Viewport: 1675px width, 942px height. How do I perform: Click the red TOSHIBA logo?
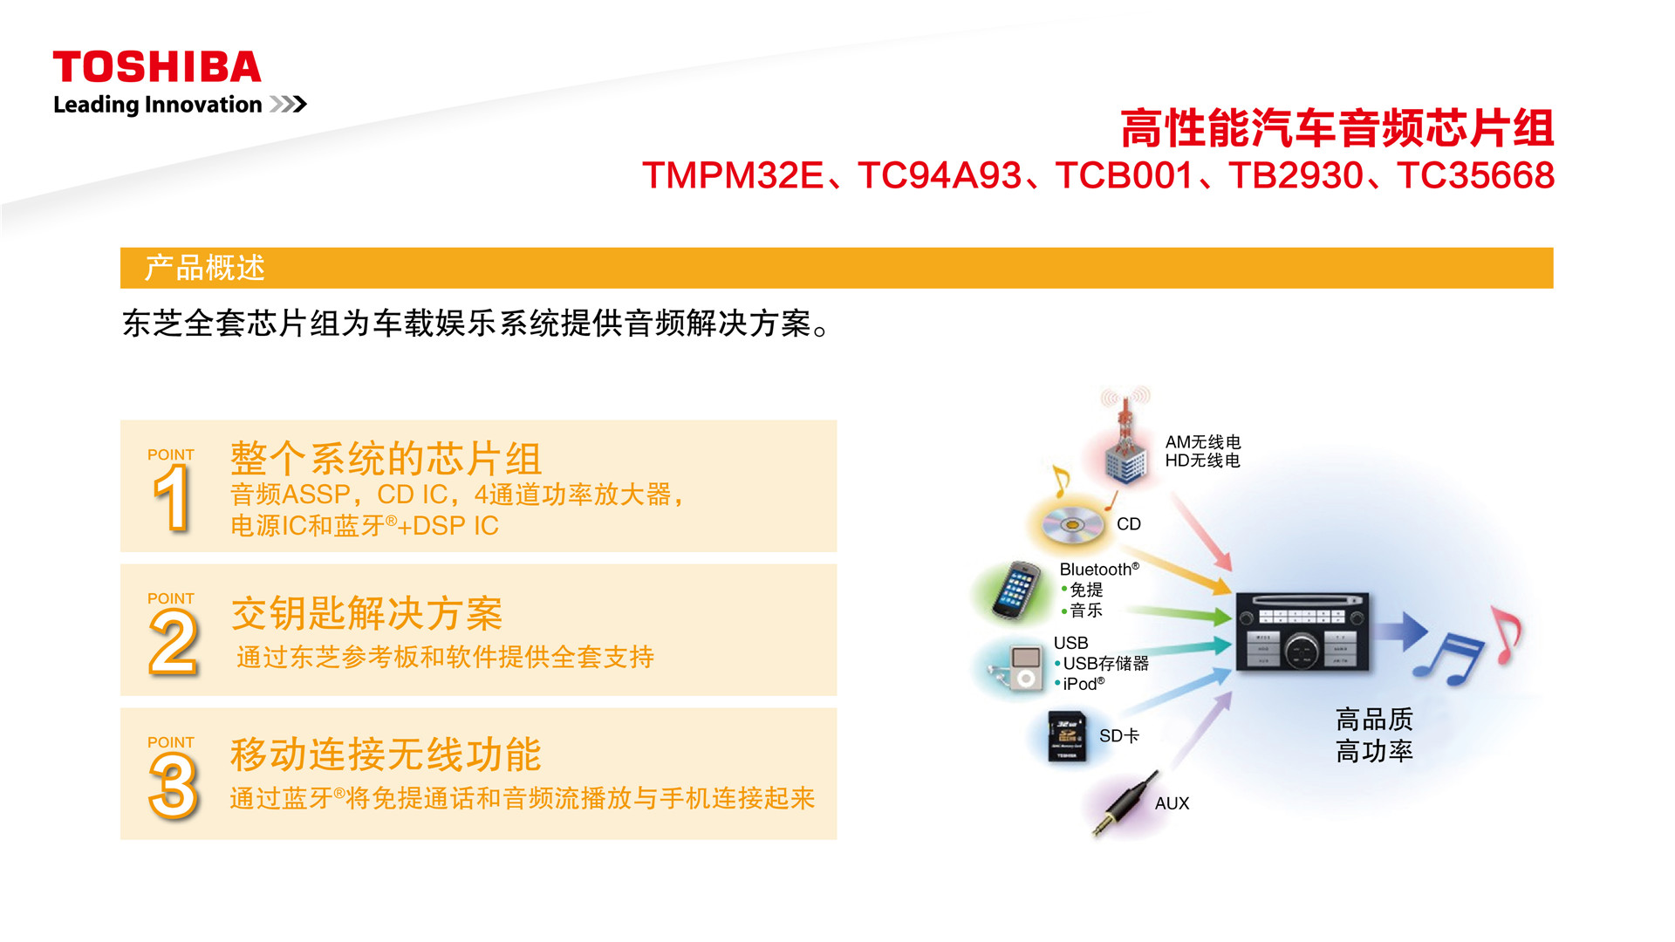click(x=157, y=67)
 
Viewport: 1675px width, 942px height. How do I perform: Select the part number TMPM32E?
click(x=733, y=175)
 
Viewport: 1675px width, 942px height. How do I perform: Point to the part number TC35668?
click(x=1475, y=175)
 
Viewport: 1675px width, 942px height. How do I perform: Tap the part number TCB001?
click(x=1124, y=175)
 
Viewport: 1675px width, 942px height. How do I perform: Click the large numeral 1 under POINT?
click(x=172, y=498)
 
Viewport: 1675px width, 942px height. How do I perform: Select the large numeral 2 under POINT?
click(x=174, y=642)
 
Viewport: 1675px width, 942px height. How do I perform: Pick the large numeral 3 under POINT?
click(x=174, y=786)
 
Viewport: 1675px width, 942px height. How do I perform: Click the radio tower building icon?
click(x=1125, y=436)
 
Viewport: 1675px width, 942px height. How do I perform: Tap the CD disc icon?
click(x=1072, y=524)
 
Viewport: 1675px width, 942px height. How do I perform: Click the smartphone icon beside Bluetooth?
click(x=1015, y=590)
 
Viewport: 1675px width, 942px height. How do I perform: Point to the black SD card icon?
click(x=1068, y=736)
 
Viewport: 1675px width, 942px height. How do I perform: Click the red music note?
click(x=1507, y=634)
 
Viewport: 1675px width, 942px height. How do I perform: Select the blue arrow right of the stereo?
click(x=1403, y=631)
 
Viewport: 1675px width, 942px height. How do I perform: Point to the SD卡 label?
click(x=1119, y=736)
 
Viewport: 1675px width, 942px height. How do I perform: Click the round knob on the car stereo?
click(x=1302, y=649)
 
